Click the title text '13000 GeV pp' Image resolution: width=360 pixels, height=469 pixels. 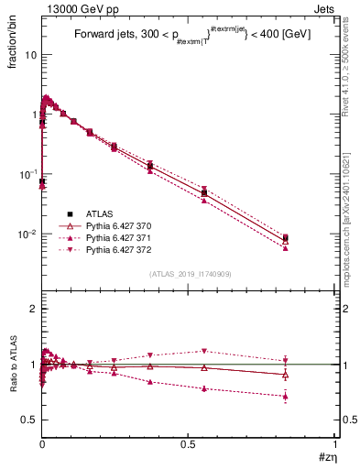tap(74, 8)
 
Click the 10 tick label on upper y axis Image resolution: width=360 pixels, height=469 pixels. tap(29, 55)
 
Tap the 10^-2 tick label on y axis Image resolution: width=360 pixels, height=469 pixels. tap(27, 234)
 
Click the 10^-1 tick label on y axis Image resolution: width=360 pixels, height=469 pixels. tap(27, 174)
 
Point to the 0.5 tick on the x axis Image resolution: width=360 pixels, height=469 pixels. tap(189, 444)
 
